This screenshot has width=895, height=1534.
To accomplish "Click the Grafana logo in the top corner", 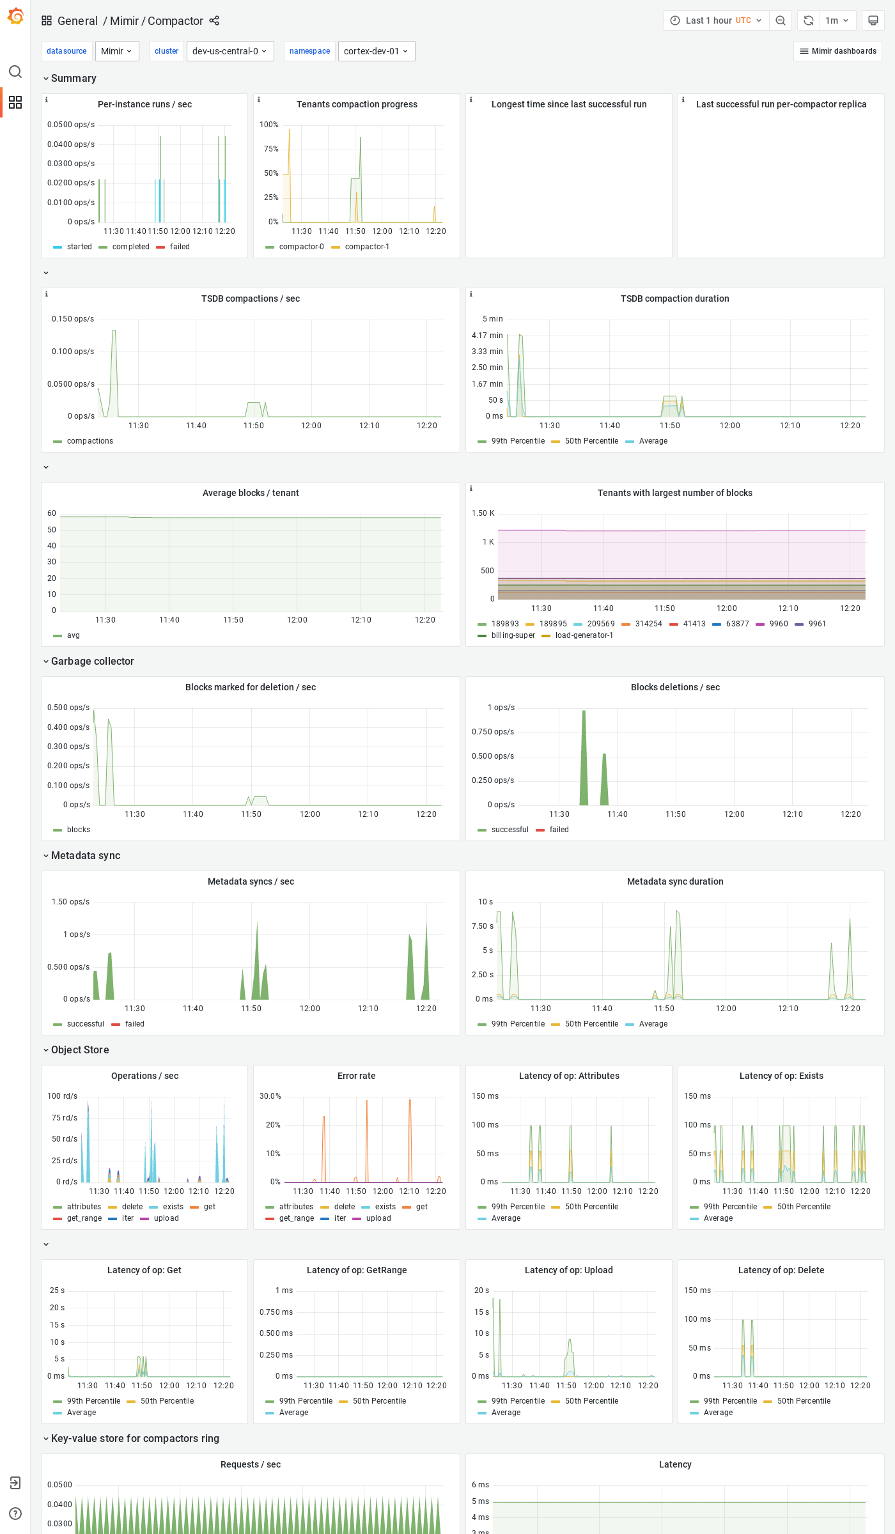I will (x=15, y=17).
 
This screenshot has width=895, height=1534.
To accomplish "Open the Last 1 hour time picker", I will (x=716, y=20).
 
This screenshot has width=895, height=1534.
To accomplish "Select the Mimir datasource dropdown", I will (x=117, y=51).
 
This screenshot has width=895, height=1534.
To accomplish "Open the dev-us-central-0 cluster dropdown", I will (x=230, y=51).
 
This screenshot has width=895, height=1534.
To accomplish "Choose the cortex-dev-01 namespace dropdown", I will (x=376, y=51).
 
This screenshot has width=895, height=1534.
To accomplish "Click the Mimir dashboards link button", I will (x=837, y=51).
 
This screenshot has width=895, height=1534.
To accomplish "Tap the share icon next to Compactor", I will (x=214, y=21).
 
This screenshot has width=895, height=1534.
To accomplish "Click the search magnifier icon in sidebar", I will (x=15, y=72).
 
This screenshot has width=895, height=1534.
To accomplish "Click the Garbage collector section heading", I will (x=92, y=661).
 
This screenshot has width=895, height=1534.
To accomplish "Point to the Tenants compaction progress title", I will (x=357, y=104).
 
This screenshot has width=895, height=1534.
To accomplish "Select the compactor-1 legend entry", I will (x=366, y=247).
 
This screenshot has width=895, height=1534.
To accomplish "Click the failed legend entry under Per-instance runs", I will (x=179, y=247).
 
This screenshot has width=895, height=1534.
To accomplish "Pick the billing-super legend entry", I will (x=513, y=635).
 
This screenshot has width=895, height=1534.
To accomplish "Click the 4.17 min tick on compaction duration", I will (x=487, y=336).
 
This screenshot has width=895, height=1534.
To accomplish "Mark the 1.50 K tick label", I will (x=483, y=513).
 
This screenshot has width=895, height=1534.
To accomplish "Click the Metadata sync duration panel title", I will (x=674, y=881).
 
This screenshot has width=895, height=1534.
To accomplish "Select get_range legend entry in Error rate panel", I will (x=296, y=1218).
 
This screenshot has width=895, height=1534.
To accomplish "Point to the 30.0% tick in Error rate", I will (x=270, y=1096).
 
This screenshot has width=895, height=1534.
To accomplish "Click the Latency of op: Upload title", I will (x=568, y=1270).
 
